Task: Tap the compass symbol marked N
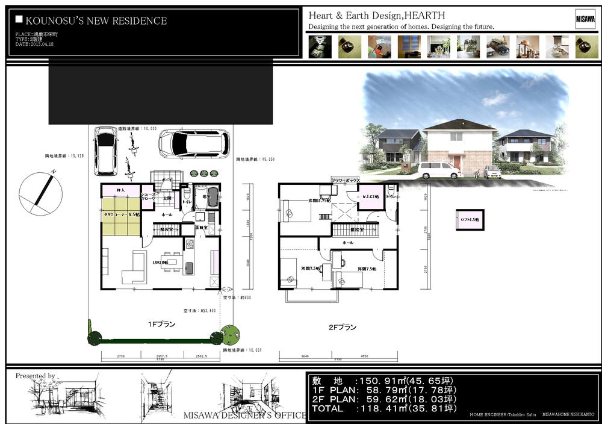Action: (41, 193)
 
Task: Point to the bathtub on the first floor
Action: (212, 198)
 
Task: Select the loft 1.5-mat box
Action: (470, 220)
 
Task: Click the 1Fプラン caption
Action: (162, 324)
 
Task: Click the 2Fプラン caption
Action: (342, 327)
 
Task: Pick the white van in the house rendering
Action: (439, 170)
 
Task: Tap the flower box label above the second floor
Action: (346, 180)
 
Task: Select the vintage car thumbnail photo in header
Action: (498, 46)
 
